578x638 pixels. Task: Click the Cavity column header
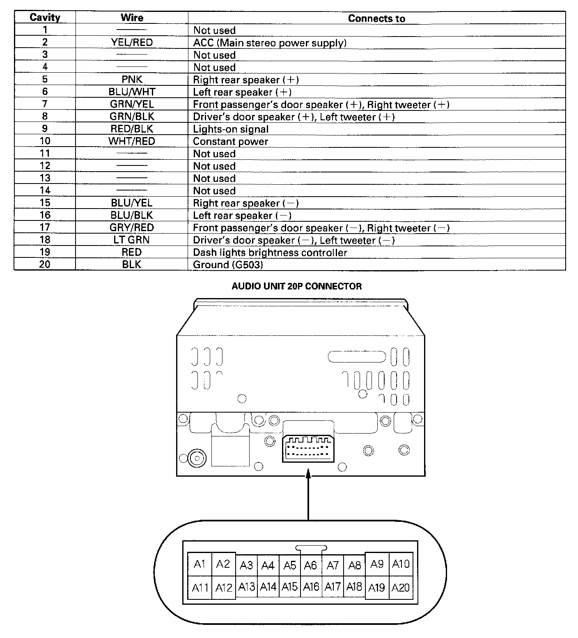45,18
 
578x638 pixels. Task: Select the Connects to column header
376,18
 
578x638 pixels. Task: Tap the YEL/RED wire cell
132,42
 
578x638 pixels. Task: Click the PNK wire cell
132,79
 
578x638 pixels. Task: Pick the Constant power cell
230,142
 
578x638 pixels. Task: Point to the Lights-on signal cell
231,129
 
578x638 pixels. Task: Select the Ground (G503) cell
228,265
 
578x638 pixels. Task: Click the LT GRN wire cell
132,240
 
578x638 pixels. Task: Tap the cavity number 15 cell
45,203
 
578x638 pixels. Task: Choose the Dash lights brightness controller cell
270,252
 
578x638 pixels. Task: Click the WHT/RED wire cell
132,141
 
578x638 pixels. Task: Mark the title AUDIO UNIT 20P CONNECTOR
296,287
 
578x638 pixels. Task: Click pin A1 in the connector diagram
200,564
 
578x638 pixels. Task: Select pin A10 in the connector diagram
401,564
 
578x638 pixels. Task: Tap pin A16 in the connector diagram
311,587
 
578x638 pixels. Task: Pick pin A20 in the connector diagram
401,588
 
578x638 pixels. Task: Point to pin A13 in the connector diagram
247,587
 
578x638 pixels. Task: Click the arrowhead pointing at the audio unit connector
308,473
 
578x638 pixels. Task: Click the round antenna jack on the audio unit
196,458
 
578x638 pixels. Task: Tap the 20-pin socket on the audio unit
307,448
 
